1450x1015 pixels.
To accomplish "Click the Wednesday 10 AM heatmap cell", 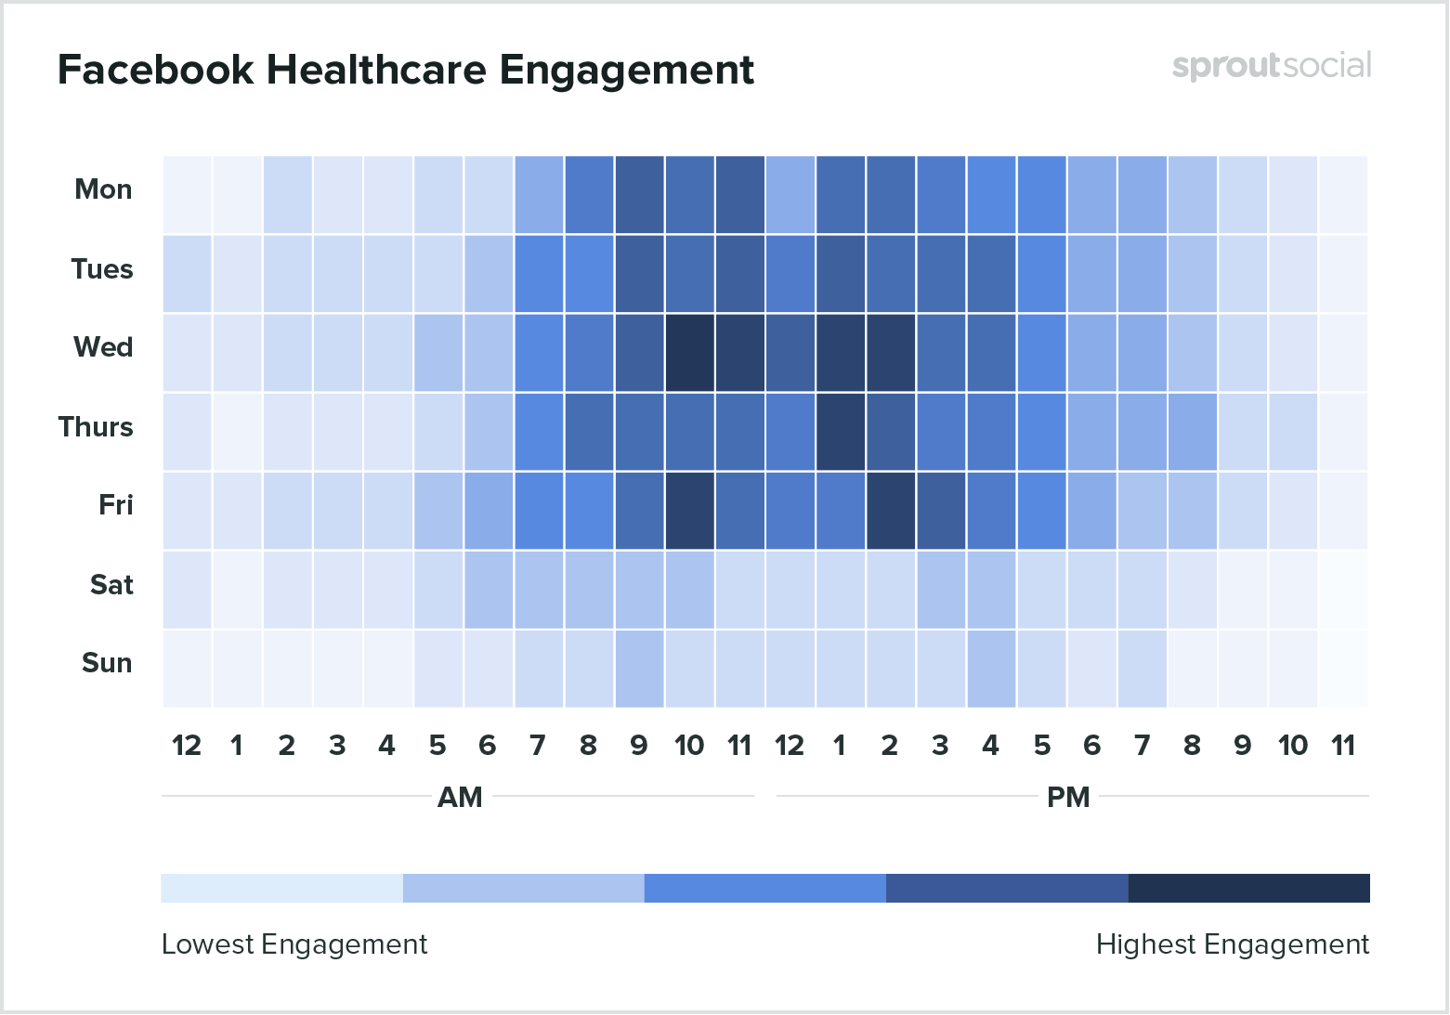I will tap(689, 353).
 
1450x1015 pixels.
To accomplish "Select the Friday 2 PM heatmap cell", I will tap(890, 511).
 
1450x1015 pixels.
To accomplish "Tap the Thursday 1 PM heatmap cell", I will tap(840, 432).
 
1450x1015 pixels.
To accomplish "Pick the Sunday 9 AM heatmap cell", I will tap(639, 669).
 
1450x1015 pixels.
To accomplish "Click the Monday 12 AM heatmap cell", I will tap(187, 195).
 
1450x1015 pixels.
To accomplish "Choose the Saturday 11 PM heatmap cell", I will tap(1342, 590).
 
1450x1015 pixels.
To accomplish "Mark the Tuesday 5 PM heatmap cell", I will tap(1041, 274).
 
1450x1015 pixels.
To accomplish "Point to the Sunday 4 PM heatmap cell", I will tap(991, 669).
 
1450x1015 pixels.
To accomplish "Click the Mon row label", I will tap(103, 189).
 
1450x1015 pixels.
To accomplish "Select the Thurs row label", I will tap(96, 427).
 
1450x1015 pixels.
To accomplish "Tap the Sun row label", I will tap(107, 663).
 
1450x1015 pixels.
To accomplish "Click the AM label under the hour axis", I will tap(460, 798).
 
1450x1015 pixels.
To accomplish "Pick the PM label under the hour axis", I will tap(1068, 798).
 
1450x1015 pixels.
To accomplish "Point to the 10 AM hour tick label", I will tap(689, 746).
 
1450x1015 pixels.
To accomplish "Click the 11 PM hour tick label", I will tap(1343, 746).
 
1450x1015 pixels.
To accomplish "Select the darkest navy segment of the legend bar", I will tap(1248, 888).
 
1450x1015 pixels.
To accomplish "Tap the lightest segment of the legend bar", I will tap(281, 888).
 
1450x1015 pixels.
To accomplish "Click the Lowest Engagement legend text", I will tap(294, 944).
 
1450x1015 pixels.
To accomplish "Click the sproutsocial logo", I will tap(1271, 66).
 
